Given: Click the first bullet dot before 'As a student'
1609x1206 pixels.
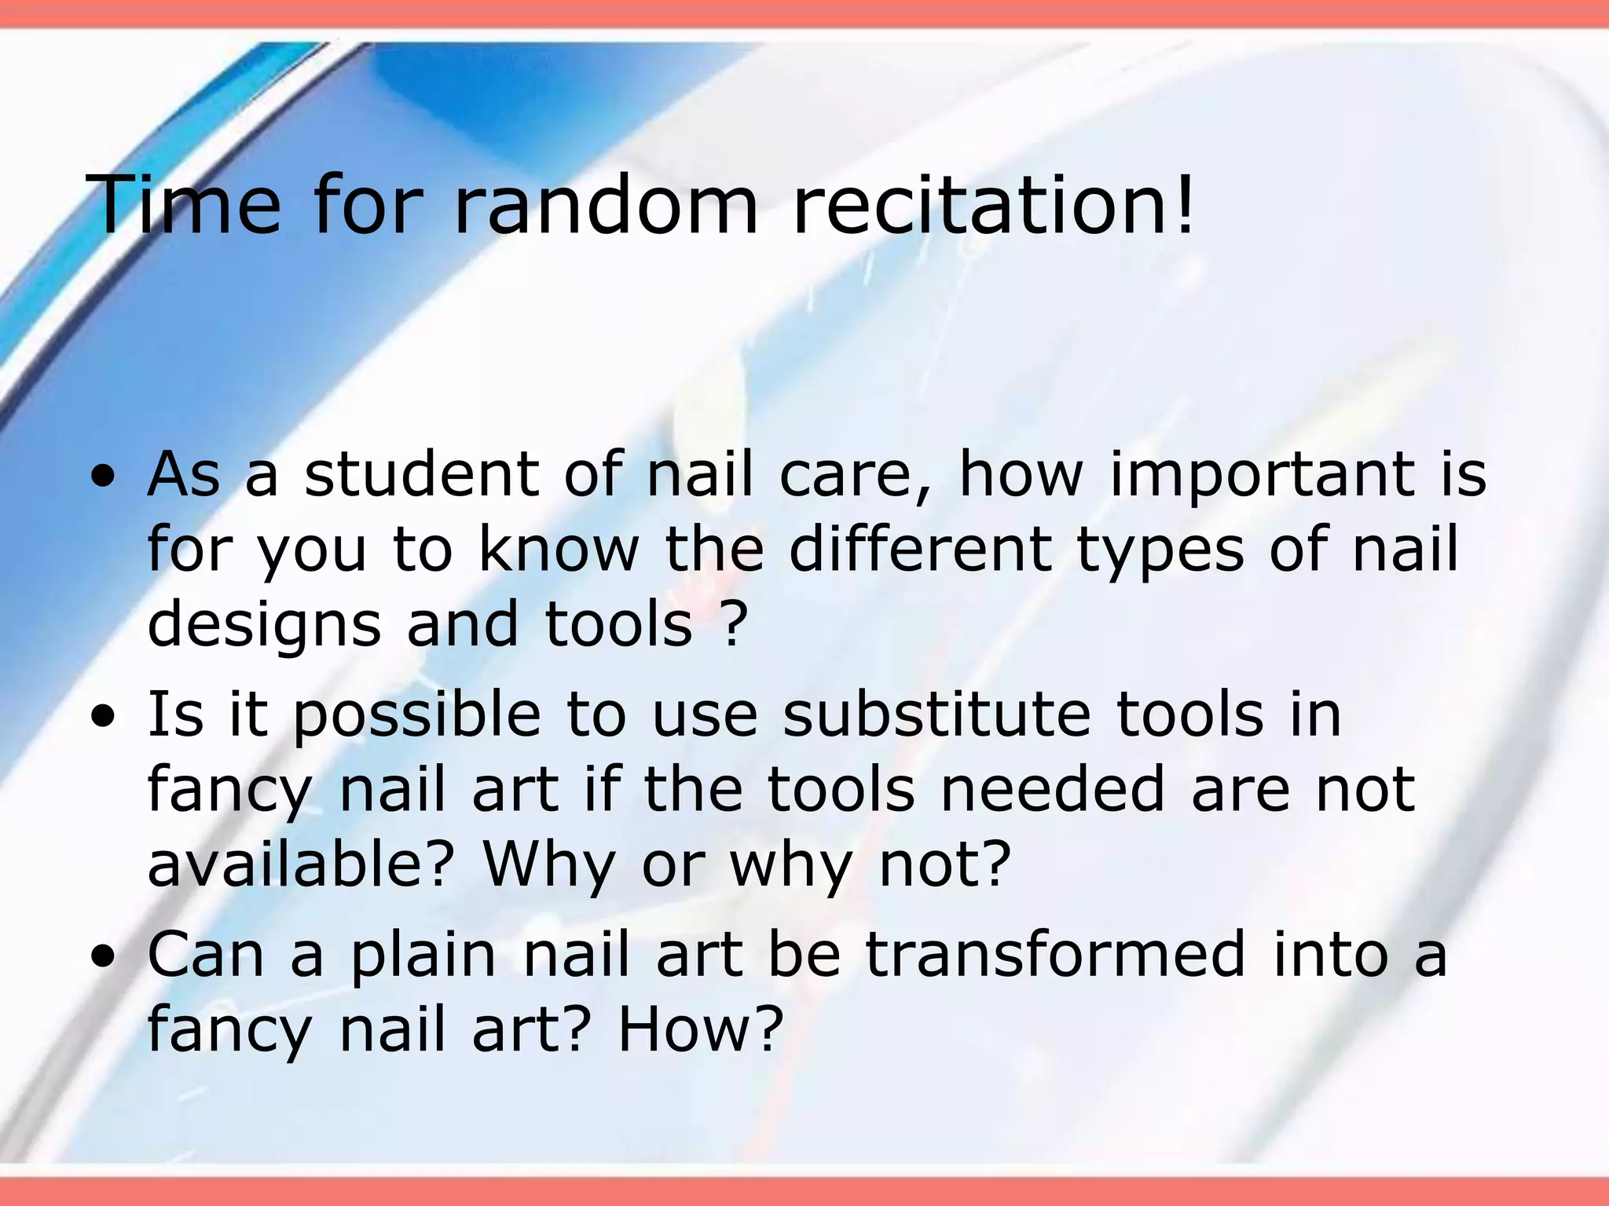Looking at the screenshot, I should [x=103, y=477].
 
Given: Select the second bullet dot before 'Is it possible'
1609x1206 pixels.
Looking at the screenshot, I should [x=103, y=716].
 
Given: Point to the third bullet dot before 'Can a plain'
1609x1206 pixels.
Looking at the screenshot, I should [x=103, y=956].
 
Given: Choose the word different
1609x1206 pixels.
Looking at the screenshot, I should [x=919, y=549].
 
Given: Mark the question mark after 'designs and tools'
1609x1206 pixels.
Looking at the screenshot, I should [x=731, y=624].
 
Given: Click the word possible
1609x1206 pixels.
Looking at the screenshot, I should [x=417, y=718].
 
